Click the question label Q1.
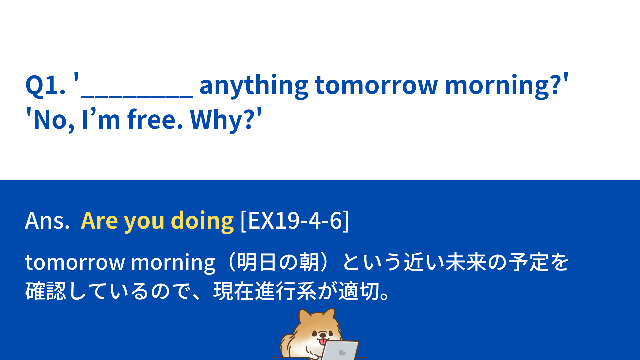coord(45,85)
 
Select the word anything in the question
coord(254,86)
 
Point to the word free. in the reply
coord(155,119)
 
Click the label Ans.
coord(47,221)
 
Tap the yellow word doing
coord(202,221)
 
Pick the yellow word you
coord(144,223)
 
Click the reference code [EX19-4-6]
coord(295,221)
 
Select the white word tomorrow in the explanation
coord(75,262)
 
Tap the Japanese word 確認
coord(46,291)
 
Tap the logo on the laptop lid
coord(341,353)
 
